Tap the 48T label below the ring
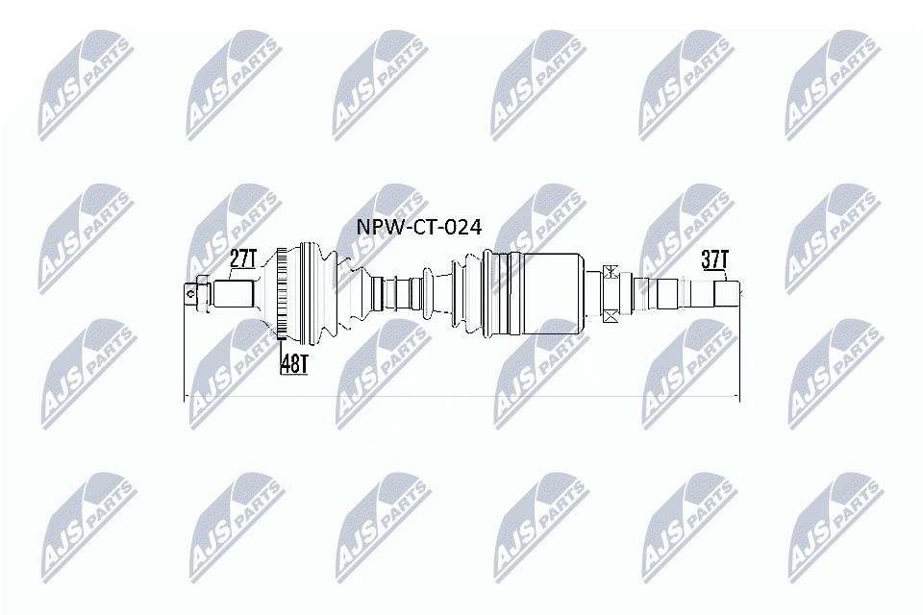[x=292, y=363]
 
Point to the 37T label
[x=714, y=259]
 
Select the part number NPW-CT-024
[x=418, y=227]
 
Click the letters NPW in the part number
[x=377, y=227]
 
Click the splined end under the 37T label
[x=727, y=292]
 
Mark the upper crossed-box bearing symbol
[x=608, y=272]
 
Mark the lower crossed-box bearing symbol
[x=608, y=313]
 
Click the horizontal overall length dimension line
[x=461, y=396]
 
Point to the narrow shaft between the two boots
[x=404, y=290]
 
